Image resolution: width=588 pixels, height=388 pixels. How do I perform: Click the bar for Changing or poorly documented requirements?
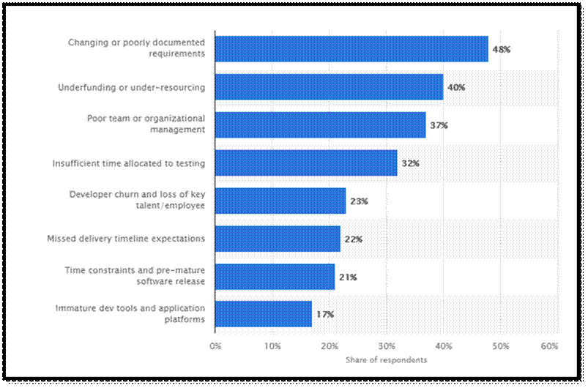[x=351, y=49]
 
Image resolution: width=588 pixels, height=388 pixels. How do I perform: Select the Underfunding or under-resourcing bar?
[x=329, y=87]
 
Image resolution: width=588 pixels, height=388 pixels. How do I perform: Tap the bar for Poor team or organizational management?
[x=320, y=125]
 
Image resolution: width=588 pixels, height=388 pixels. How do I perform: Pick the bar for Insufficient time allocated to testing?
[x=306, y=163]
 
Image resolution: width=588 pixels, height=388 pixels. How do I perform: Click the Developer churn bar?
[x=280, y=201]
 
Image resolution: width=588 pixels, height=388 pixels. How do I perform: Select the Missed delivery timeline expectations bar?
[x=278, y=239]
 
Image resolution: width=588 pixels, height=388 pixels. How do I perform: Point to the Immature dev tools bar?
[x=264, y=315]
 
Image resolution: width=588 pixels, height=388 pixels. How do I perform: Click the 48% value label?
[x=501, y=49]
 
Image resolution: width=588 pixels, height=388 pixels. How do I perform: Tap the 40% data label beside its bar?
[x=455, y=87]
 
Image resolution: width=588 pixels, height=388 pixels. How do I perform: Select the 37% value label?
[x=439, y=125]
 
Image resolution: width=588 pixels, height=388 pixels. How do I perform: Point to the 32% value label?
[x=410, y=163]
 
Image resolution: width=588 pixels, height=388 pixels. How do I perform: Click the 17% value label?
[x=325, y=315]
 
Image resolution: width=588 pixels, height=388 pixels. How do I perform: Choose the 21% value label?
[x=348, y=277]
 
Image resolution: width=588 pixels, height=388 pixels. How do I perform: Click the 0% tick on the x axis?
[x=215, y=345]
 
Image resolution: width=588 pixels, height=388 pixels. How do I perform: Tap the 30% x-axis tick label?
[x=386, y=345]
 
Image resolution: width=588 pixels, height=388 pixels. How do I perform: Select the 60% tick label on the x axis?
[x=549, y=345]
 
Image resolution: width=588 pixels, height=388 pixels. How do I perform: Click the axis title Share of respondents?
[x=386, y=359]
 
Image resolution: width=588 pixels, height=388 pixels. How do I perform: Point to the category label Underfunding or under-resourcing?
[x=132, y=87]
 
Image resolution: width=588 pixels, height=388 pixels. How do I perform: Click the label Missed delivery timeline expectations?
[x=126, y=239]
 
